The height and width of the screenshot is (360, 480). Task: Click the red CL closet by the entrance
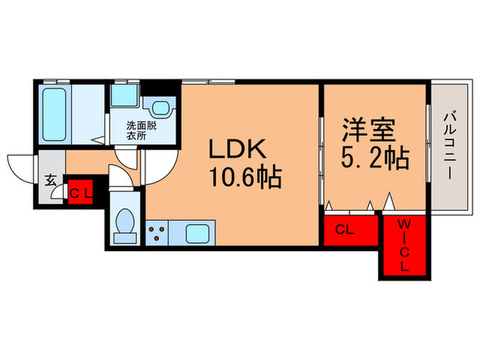click(81, 193)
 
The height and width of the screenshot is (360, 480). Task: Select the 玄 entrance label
click(51, 181)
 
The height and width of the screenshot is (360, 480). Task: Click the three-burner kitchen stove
click(157, 231)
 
